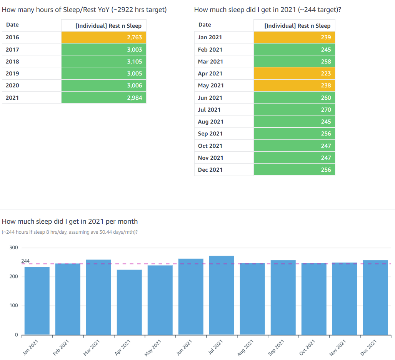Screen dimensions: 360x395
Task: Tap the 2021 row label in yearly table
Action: [12, 98]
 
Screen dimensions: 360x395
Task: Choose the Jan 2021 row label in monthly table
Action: [210, 37]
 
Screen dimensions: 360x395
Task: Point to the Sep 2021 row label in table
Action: [210, 134]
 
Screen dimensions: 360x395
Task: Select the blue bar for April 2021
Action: [129, 302]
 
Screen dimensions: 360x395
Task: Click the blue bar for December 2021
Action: [375, 297]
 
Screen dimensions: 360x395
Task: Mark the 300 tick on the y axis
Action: [13, 248]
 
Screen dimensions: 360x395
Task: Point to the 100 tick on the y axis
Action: [13, 306]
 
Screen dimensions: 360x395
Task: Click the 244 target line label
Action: [25, 261]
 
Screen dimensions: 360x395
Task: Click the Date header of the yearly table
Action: [12, 25]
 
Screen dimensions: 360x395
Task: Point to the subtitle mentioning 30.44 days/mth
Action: [70, 232]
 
